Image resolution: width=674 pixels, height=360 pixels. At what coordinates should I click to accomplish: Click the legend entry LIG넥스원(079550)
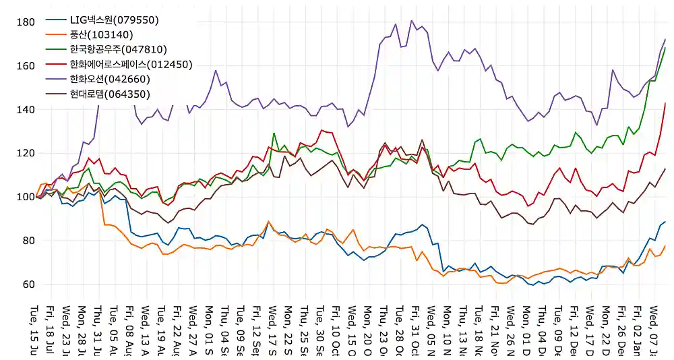pyautogui.click(x=114, y=20)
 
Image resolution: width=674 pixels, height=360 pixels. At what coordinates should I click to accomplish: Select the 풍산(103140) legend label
pyautogui.click(x=102, y=35)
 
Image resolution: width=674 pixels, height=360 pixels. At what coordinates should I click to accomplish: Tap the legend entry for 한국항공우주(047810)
pyautogui.click(x=118, y=50)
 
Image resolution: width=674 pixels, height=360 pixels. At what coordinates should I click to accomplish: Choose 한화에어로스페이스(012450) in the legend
pyautogui.click(x=131, y=65)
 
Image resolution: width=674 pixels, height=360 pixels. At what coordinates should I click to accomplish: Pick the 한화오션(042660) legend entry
pyautogui.click(x=110, y=80)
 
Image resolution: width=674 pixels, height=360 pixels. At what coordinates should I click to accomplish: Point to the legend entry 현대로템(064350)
pyautogui.click(x=110, y=94)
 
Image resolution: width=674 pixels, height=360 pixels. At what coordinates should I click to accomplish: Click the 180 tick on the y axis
pyautogui.click(x=25, y=22)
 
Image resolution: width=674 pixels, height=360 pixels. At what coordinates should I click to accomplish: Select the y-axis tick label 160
pyautogui.click(x=25, y=66)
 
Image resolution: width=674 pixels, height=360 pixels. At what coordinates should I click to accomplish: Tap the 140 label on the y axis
pyautogui.click(x=25, y=110)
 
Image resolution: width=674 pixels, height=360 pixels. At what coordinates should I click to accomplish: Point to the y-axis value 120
pyautogui.click(x=25, y=154)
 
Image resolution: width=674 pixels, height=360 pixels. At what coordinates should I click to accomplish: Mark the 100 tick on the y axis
pyautogui.click(x=25, y=197)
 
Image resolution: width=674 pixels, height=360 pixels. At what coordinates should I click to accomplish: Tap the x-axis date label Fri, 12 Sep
pyautogui.click(x=257, y=330)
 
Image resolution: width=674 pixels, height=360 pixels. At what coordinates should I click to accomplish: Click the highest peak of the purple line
pyautogui.click(x=412, y=20)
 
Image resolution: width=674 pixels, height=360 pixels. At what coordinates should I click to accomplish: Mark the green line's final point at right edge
pyautogui.click(x=665, y=47)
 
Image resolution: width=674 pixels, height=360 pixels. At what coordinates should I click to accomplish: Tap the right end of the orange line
pyautogui.click(x=665, y=246)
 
